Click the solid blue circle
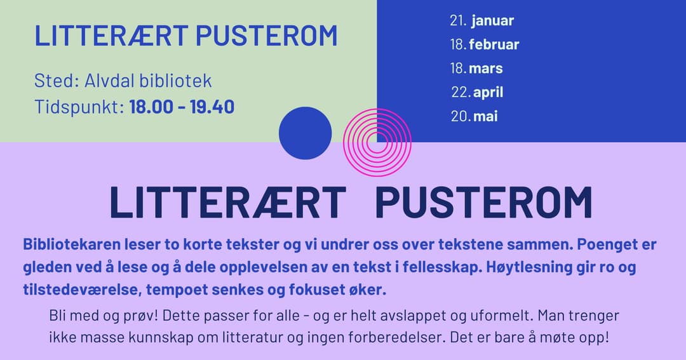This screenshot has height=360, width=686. (x=306, y=133)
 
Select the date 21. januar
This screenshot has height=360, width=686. (x=481, y=20)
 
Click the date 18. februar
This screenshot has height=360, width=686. (x=484, y=44)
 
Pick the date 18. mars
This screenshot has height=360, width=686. (x=476, y=68)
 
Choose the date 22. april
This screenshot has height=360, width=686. (x=477, y=92)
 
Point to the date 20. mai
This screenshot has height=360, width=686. (x=474, y=116)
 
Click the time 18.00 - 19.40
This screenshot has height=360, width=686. (x=182, y=107)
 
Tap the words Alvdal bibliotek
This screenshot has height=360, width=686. (x=148, y=81)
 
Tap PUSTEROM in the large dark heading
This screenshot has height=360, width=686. (x=483, y=202)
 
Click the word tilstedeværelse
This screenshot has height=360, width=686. (x=82, y=290)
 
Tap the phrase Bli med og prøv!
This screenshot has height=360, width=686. (x=104, y=316)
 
